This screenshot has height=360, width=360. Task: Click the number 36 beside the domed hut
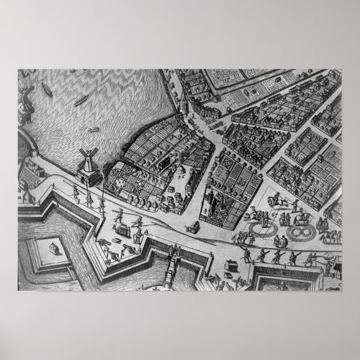(x=181, y=174)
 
